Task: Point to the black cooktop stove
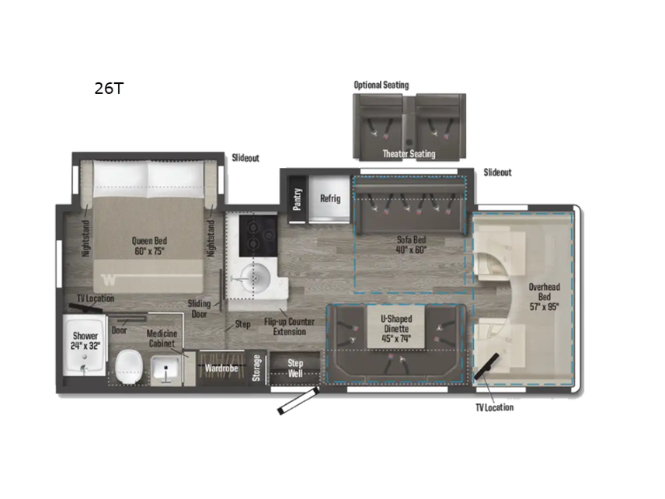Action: tap(254, 232)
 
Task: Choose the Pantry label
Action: tap(298, 198)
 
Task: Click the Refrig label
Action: tap(330, 198)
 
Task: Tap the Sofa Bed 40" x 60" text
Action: tap(409, 245)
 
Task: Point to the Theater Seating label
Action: tap(409, 154)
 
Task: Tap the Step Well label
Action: tap(295, 367)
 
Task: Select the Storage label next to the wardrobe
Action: tap(256, 368)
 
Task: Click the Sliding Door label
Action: tap(200, 308)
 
